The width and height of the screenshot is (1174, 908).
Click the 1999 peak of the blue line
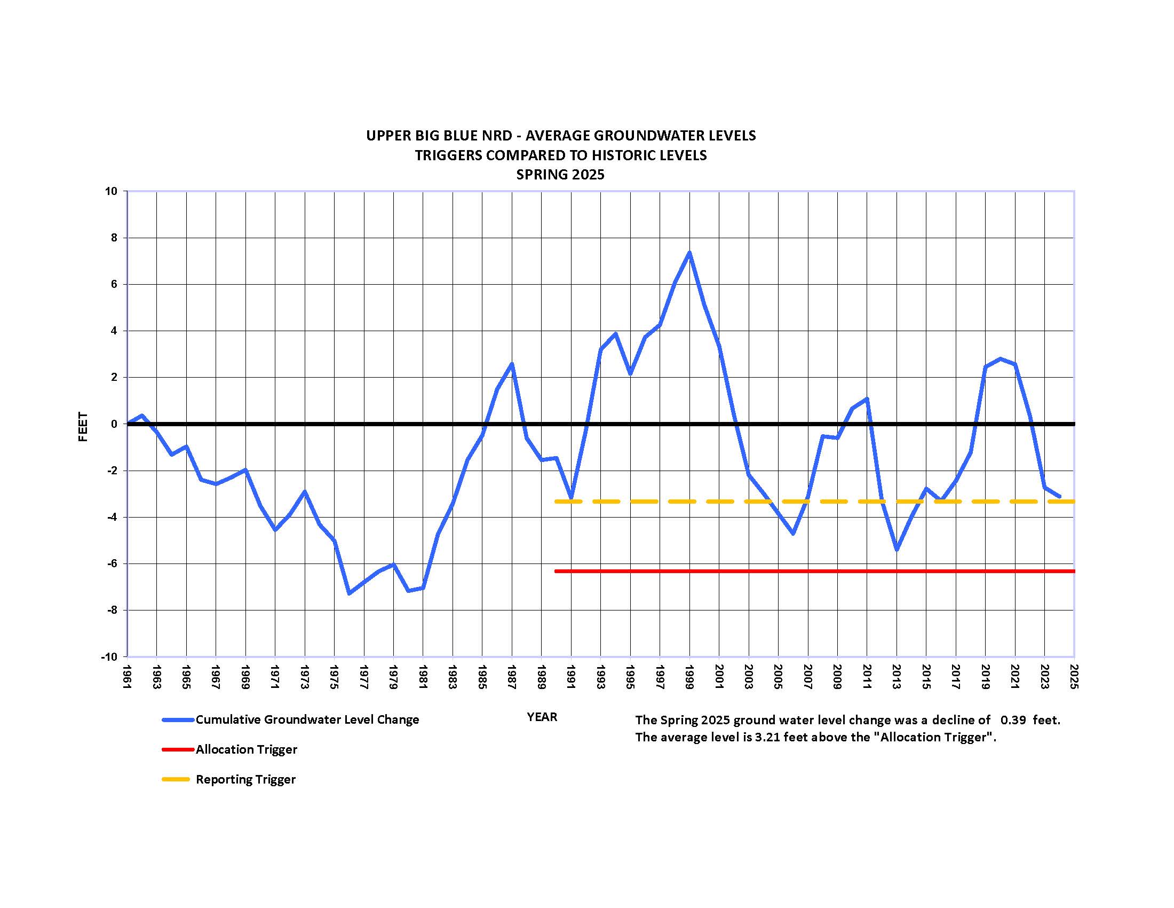[x=689, y=252]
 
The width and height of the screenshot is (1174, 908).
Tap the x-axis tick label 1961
[x=128, y=677]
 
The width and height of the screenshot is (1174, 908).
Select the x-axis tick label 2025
[x=1074, y=677]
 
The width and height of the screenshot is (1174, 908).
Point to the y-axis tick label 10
[x=112, y=192]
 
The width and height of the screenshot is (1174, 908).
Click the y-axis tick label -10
[x=109, y=657]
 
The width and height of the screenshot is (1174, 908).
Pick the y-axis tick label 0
[x=114, y=425]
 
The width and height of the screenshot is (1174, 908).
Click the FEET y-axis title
[x=83, y=427]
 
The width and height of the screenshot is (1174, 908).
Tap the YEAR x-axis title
[x=542, y=717]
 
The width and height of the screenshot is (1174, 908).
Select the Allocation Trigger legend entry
[x=246, y=749]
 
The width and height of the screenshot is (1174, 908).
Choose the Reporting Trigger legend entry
[x=245, y=779]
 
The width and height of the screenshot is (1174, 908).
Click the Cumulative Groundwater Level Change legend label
[x=307, y=720]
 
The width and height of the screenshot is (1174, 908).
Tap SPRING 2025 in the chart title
[x=560, y=175]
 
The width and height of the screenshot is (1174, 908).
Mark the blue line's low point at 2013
[x=897, y=549]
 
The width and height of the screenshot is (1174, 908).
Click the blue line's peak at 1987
[x=512, y=364]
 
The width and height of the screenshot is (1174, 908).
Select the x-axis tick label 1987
[x=512, y=677]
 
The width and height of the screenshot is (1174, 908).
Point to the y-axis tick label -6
[x=113, y=563]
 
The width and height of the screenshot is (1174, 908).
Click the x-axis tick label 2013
[x=897, y=677]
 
